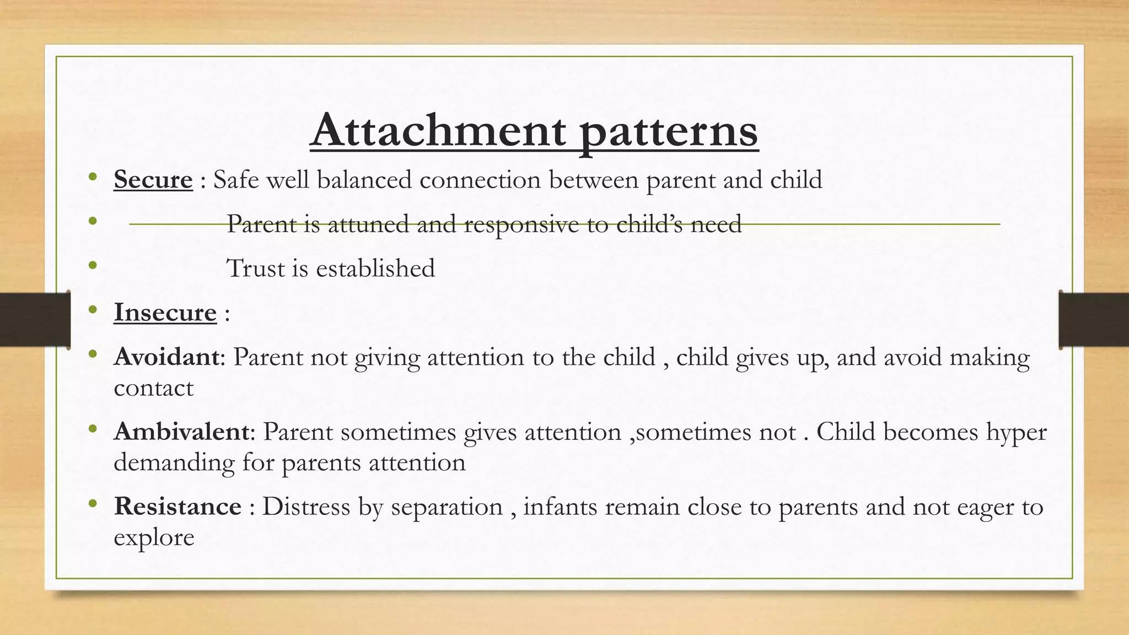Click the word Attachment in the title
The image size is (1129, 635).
point(438,131)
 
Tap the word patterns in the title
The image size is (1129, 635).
point(669,132)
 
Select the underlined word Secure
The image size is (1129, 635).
point(153,180)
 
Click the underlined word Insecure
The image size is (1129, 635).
point(165,313)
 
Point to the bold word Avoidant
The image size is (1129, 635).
point(167,357)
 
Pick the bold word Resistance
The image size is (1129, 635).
point(178,507)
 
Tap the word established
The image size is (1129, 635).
point(375,268)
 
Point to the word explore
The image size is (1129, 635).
point(154,538)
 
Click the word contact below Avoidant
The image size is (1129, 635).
point(153,388)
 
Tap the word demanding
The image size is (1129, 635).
point(174,462)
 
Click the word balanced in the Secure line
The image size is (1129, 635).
point(364,180)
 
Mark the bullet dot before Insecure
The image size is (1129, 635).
point(93,309)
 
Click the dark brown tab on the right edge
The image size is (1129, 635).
point(1094,320)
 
